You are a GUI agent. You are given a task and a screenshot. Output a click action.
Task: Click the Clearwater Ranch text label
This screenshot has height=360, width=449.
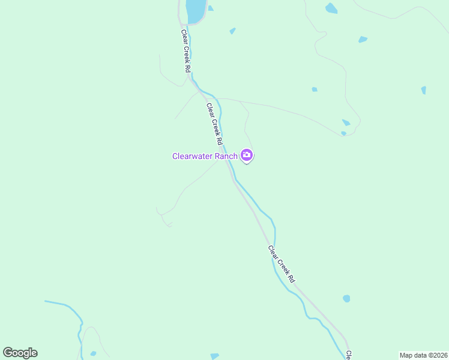click(205, 157)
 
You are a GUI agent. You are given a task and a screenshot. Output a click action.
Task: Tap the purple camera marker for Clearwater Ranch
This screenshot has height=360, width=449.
click(247, 156)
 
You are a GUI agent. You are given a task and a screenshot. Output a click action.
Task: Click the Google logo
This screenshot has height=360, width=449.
click(20, 353)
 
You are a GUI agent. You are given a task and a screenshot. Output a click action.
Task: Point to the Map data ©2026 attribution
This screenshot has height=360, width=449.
click(423, 355)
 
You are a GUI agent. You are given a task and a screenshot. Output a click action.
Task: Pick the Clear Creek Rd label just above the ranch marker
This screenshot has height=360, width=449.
click(215, 125)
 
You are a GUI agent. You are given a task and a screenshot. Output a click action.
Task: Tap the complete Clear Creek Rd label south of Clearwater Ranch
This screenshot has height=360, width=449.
click(282, 265)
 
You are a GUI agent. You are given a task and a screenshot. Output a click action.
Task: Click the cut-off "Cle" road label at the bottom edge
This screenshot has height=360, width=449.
click(348, 355)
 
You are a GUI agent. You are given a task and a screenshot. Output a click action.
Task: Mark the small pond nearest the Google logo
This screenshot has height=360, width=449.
click(92, 353)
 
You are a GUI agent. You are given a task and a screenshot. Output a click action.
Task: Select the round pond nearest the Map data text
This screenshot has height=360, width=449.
click(346, 298)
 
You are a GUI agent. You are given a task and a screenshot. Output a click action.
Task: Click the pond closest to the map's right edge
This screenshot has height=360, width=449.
click(424, 90)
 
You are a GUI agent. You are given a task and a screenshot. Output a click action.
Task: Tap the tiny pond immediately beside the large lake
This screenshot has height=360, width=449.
click(211, 8)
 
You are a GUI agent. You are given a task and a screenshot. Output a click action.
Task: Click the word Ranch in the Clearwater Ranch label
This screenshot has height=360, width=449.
click(227, 157)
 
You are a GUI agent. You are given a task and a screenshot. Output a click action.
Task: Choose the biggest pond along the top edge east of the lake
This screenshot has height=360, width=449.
click(331, 8)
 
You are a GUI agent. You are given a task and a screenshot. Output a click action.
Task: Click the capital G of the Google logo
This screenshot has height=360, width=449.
click(8, 353)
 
